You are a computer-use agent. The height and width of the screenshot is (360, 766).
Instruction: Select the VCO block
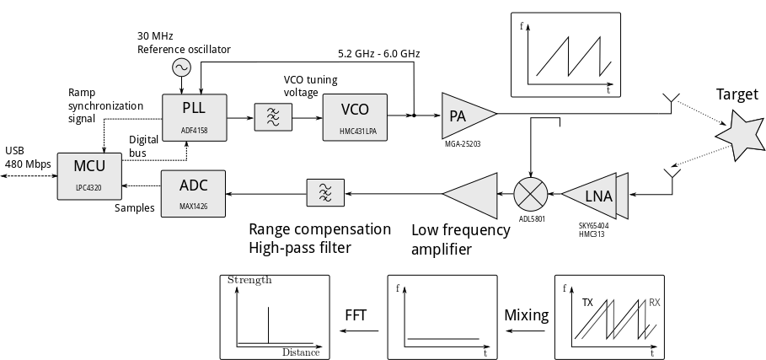[x=354, y=116]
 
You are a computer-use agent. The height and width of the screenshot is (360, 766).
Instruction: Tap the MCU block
[x=89, y=175]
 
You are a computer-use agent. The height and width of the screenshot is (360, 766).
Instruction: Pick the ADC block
[x=193, y=193]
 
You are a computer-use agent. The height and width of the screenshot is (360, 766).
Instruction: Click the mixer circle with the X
[x=531, y=195]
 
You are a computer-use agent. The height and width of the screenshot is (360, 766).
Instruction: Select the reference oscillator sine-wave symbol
[x=180, y=67]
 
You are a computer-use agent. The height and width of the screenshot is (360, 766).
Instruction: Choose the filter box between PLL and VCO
[x=274, y=116]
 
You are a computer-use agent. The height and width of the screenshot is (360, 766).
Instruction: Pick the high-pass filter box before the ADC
[x=324, y=194]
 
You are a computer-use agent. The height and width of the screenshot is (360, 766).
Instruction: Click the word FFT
[x=356, y=316]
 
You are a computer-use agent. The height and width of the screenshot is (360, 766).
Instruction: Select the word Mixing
[x=527, y=316]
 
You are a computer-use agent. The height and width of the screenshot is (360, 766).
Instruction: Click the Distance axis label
[x=301, y=352]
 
